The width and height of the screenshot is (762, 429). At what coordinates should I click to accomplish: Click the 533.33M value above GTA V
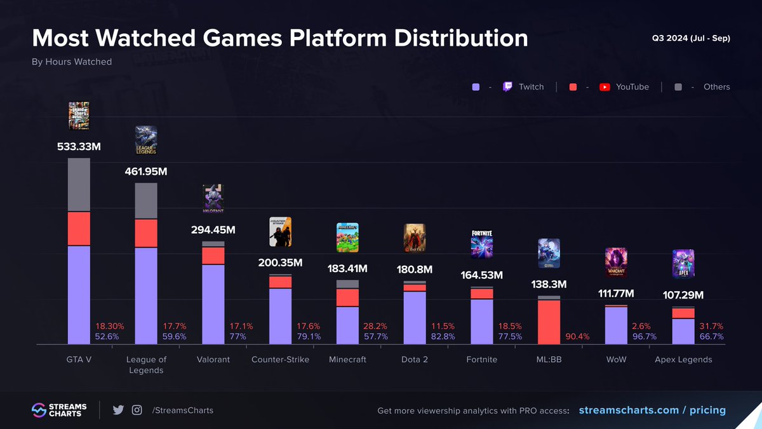pos(79,147)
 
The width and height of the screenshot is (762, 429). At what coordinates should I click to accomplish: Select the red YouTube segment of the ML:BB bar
pos(549,322)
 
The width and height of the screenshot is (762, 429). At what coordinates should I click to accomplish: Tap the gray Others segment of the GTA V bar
pos(79,184)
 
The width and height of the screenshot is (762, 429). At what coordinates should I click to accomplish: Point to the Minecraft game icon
pos(347,237)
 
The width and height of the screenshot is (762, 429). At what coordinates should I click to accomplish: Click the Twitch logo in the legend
pos(507,87)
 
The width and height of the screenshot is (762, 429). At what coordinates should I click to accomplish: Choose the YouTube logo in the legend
pos(605,87)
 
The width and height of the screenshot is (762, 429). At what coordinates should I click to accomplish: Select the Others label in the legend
pos(716,87)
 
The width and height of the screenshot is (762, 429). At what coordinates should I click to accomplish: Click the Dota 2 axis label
pos(415,360)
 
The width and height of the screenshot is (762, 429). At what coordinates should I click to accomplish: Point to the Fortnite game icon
pos(482,243)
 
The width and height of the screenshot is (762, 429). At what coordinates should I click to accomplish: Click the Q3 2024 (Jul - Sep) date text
pos(691,38)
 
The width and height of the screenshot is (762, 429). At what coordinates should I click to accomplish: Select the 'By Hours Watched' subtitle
pos(72,62)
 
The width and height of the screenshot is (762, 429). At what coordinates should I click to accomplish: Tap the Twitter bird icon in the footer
pos(118,410)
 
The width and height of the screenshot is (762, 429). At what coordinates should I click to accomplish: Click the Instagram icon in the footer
pos(137,410)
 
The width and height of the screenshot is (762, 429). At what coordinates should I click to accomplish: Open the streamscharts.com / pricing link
pos(652,410)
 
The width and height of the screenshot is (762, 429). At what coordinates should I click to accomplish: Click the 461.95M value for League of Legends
pos(146,172)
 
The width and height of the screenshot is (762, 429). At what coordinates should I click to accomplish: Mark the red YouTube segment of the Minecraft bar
pos(347,297)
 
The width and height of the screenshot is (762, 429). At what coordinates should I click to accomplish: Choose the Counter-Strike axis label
pos(280,360)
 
